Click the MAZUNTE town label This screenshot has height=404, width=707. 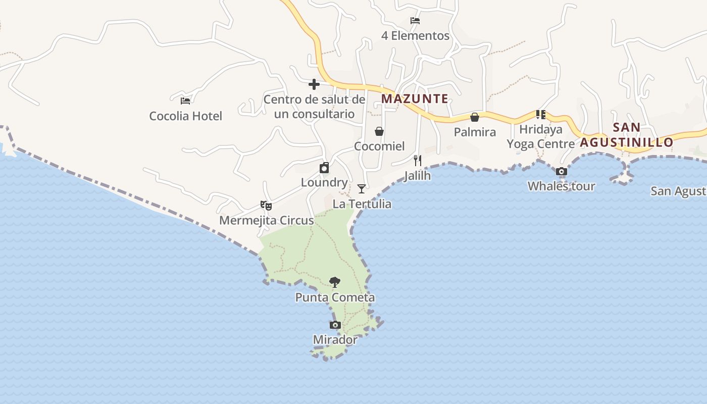(x=415, y=98)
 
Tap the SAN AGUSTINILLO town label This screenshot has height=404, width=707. (x=627, y=135)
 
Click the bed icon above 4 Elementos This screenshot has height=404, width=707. (x=415, y=21)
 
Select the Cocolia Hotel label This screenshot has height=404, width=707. (x=185, y=116)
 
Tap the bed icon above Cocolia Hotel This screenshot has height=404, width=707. (x=185, y=100)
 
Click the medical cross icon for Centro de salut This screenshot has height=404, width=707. (x=314, y=84)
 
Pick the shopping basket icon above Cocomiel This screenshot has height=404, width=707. (x=379, y=131)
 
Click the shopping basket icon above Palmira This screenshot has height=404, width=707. (x=475, y=117)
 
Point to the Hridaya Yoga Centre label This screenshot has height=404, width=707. (x=541, y=136)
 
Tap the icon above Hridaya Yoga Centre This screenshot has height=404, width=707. (x=541, y=115)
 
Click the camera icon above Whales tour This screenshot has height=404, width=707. (x=561, y=172)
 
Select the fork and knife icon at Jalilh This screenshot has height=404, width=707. (x=418, y=161)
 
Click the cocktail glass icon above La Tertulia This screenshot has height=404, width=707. (x=362, y=189)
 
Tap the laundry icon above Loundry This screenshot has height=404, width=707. (x=324, y=168)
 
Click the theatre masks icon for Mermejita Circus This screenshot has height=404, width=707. (x=266, y=205)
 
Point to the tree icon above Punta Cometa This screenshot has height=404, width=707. (x=334, y=282)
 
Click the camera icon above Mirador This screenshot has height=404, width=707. (x=335, y=325)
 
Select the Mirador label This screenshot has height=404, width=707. (x=335, y=340)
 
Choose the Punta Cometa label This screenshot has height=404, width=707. (x=335, y=297)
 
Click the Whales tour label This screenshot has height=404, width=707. (x=561, y=186)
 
